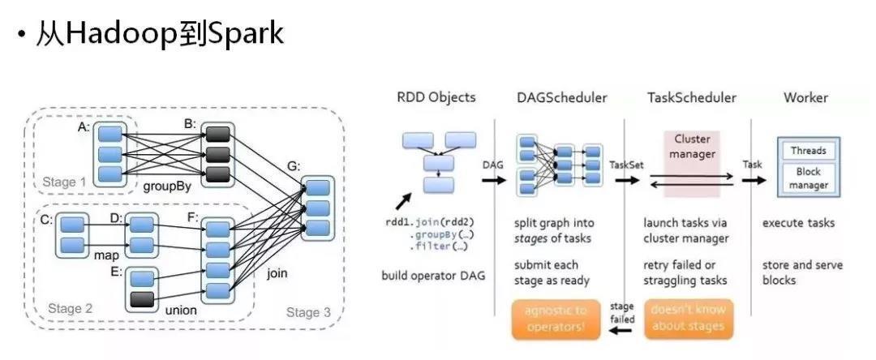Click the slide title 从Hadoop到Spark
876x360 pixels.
(157, 34)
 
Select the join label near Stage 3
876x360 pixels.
(277, 273)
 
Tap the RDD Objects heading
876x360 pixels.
(436, 97)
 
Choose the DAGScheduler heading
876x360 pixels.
(560, 97)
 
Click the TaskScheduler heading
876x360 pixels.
(691, 97)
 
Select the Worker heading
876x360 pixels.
(805, 97)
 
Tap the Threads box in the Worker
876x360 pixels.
(808, 150)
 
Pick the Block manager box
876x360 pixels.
(808, 178)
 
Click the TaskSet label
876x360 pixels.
(626, 164)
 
